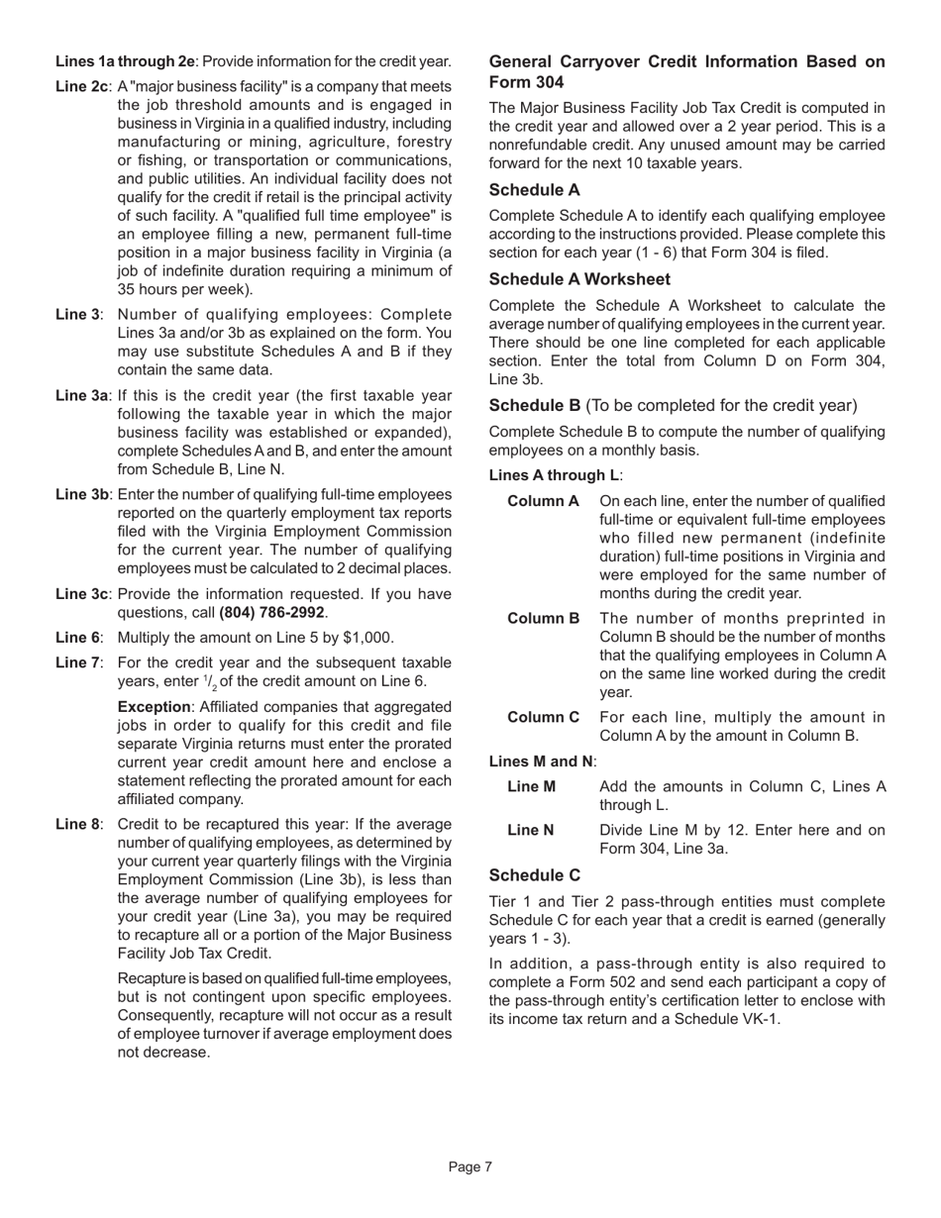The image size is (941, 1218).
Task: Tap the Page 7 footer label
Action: click(x=470, y=1167)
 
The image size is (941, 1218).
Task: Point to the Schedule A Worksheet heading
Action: click(x=579, y=279)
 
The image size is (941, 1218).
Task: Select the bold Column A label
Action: click(x=543, y=501)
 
